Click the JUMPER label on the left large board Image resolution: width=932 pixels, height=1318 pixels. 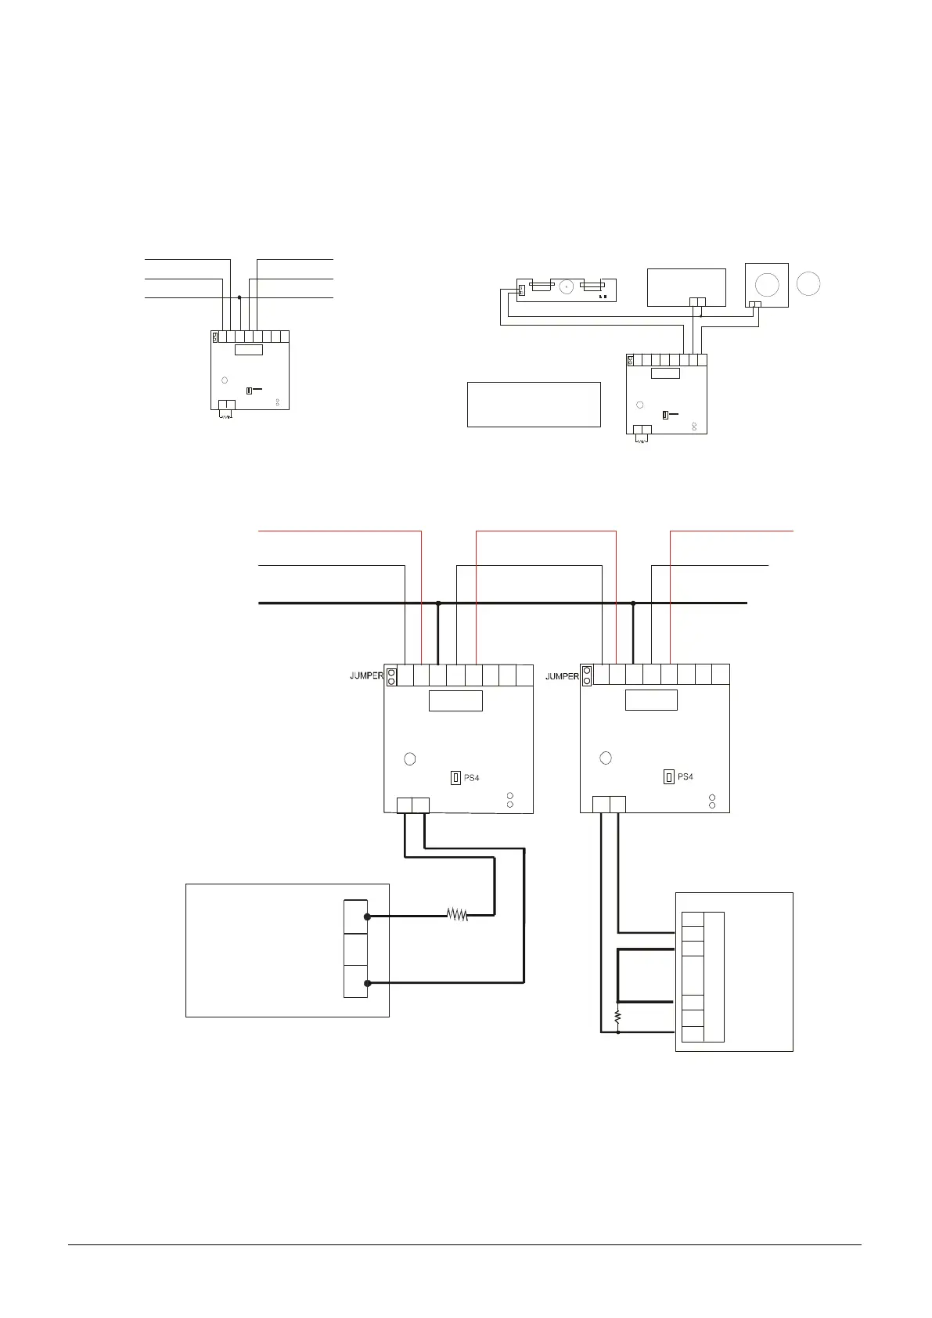pos(366,675)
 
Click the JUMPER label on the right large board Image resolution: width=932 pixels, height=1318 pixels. pos(562,675)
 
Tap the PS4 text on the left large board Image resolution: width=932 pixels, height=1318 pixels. pos(471,778)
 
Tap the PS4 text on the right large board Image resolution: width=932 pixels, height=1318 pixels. pos(685,777)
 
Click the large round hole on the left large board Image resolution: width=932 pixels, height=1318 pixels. pos(409,758)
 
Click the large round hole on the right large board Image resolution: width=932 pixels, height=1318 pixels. pos(605,758)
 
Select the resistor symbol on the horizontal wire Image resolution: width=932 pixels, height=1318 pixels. pos(457,914)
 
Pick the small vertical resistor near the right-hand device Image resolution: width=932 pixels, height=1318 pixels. pos(617,1017)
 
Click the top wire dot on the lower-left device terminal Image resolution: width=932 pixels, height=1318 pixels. pos(367,916)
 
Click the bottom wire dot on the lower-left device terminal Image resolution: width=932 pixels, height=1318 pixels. pos(367,982)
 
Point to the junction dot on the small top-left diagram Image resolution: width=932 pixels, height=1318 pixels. pos(239,297)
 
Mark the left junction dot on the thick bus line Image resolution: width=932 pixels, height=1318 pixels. pos(438,603)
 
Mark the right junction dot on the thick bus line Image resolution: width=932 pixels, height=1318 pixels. pos(634,603)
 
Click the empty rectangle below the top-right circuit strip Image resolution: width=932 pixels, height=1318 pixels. pos(534,404)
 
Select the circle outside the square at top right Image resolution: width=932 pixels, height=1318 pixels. pos(809,283)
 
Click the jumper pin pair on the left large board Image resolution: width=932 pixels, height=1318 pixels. pos(390,676)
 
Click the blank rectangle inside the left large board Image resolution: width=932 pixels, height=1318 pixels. pos(455,700)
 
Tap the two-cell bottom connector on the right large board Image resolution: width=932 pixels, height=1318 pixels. pos(609,804)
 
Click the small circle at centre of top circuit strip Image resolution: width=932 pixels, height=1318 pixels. pos(564,286)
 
